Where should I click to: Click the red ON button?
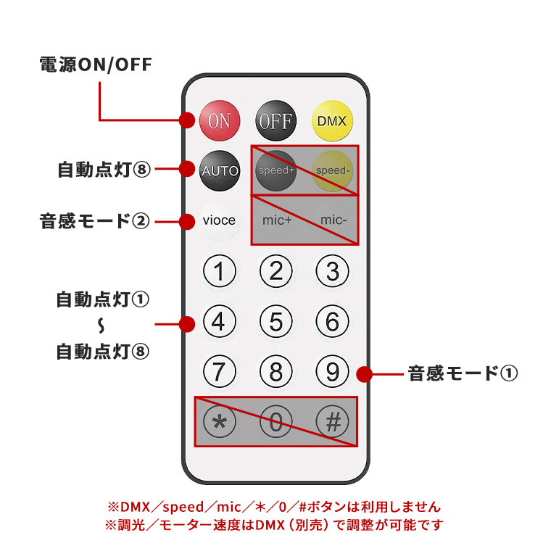click(218, 120)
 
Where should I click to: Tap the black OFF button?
click(275, 120)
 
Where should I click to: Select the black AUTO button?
click(219, 171)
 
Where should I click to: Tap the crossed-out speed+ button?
click(275, 171)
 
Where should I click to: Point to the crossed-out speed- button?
click(332, 171)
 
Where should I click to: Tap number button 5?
click(275, 320)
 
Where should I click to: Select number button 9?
click(332, 371)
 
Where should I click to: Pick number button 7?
click(219, 371)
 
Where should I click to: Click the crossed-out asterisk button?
click(219, 422)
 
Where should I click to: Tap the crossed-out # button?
click(332, 422)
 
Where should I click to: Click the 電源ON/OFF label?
click(95, 65)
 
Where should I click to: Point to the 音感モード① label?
click(463, 374)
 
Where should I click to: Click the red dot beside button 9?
click(365, 374)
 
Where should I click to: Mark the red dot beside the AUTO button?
click(188, 170)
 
